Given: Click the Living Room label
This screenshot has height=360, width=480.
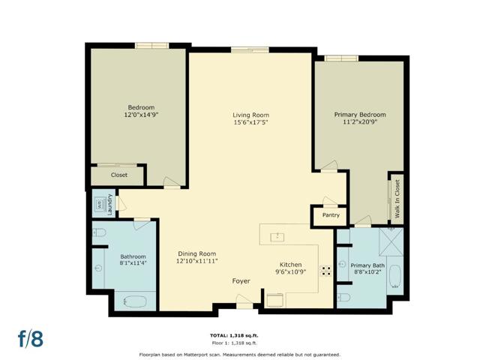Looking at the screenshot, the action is pos(250,115).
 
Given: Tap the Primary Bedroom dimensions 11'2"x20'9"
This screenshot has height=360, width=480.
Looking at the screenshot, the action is pos(360,121).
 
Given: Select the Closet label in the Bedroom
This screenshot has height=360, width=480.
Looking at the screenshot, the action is pos(119,175).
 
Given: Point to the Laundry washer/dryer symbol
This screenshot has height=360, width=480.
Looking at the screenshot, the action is pos(100,203).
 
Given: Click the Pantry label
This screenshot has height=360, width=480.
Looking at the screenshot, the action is pos(331,215).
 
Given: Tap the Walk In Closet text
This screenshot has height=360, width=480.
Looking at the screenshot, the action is pos(397,199).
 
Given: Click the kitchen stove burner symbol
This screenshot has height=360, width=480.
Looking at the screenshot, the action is pos(325,271).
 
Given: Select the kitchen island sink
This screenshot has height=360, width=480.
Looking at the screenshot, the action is pos(277,237).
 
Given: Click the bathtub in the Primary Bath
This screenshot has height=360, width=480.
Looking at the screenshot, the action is pos(395,277).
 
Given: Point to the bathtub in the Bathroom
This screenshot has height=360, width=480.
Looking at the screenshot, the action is pos(135,301).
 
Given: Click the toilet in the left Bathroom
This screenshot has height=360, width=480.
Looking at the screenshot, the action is pos(99,233).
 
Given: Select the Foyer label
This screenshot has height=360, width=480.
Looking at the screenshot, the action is pos(241,281).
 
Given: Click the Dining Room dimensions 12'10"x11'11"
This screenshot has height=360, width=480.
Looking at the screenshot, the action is pos(196,261).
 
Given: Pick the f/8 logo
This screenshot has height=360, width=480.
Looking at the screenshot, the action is pos(31,338).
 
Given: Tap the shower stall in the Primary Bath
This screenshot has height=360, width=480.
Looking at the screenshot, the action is pos(391,241).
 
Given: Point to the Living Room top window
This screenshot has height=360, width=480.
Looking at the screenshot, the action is pos(250,49).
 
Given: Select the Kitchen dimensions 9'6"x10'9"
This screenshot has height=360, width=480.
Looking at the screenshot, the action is pos(291,271).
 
